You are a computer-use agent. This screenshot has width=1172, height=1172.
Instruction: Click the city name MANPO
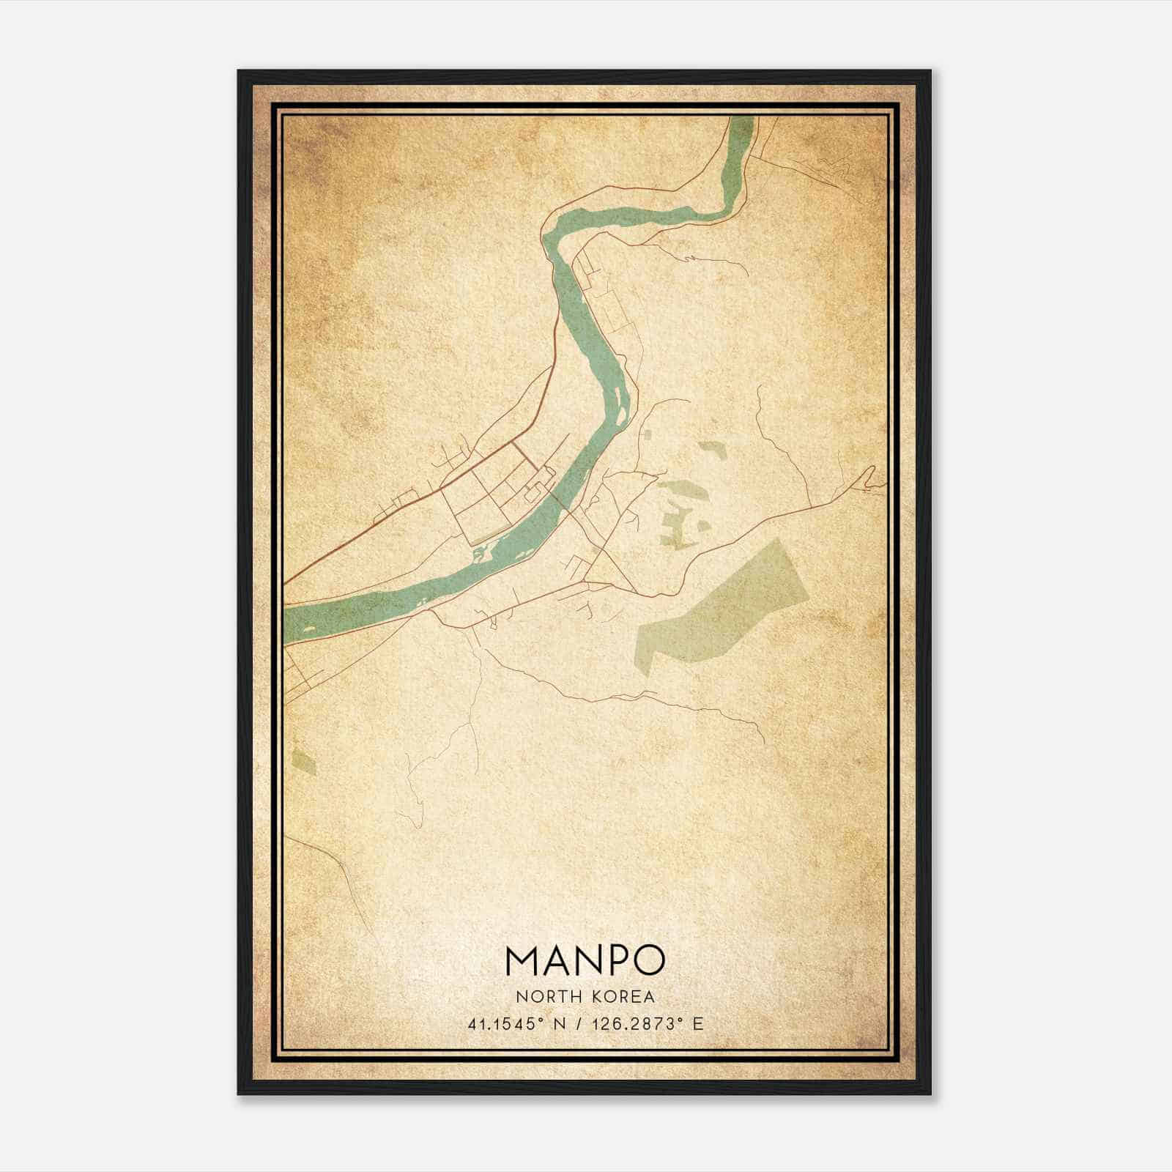click(585, 960)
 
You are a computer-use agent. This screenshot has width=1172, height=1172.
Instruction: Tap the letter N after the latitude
click(560, 1024)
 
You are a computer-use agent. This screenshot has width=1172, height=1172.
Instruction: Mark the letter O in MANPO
click(648, 960)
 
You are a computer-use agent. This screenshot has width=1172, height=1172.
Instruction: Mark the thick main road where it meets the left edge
click(286, 582)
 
